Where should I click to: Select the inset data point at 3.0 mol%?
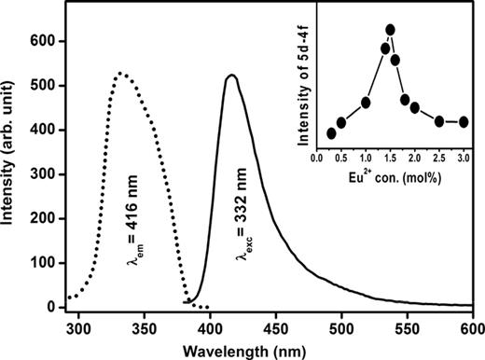(x=464, y=121)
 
